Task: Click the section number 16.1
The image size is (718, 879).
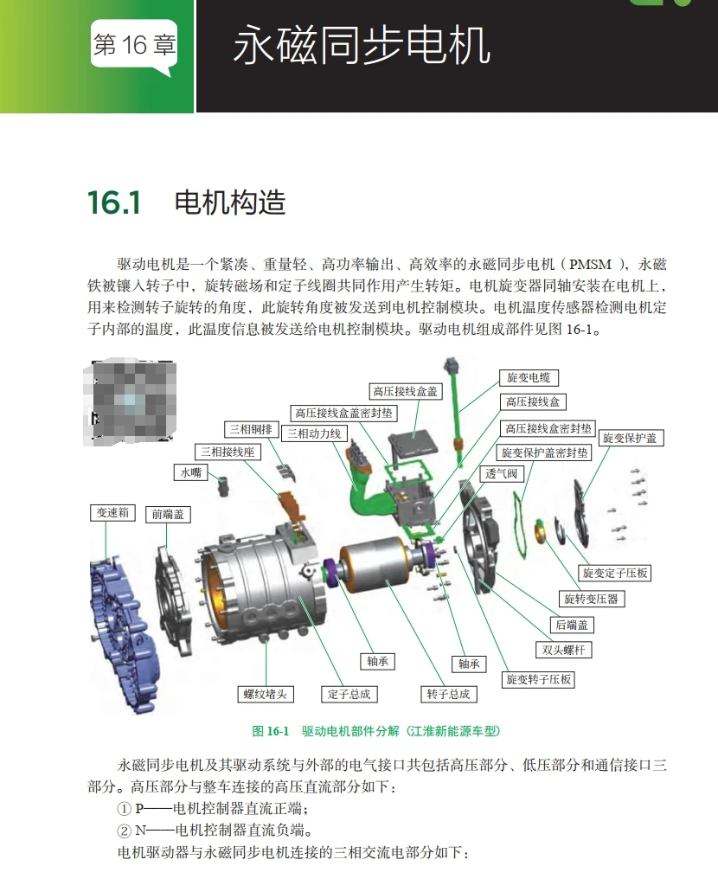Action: pyautogui.click(x=113, y=203)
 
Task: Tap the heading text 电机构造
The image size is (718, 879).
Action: pyautogui.click(x=229, y=203)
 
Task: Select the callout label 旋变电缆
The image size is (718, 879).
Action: pyautogui.click(x=529, y=377)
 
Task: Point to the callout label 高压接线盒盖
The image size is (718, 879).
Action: pyautogui.click(x=405, y=391)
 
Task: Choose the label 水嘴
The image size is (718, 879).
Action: pyautogui.click(x=190, y=472)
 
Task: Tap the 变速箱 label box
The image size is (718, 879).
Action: pyautogui.click(x=112, y=512)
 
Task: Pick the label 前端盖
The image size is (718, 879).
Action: pyautogui.click(x=168, y=514)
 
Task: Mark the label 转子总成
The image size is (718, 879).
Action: pyautogui.click(x=448, y=694)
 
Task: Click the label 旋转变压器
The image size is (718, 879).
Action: pyautogui.click(x=592, y=599)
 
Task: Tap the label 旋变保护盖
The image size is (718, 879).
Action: pyautogui.click(x=629, y=438)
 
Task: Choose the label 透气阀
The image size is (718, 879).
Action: pyautogui.click(x=502, y=473)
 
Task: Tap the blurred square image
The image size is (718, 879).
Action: pyautogui.click(x=131, y=401)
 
